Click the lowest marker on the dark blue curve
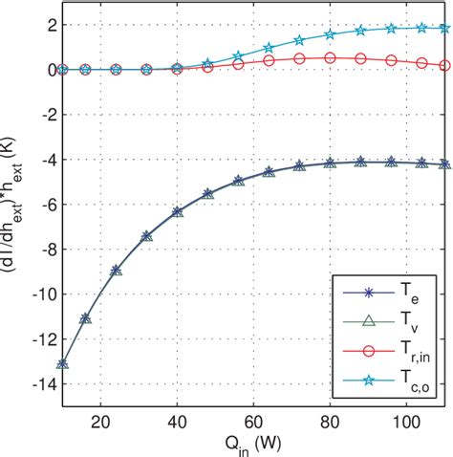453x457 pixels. (x=62, y=363)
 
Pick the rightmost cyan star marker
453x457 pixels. (x=444, y=28)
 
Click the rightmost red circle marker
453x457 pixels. (x=444, y=65)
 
